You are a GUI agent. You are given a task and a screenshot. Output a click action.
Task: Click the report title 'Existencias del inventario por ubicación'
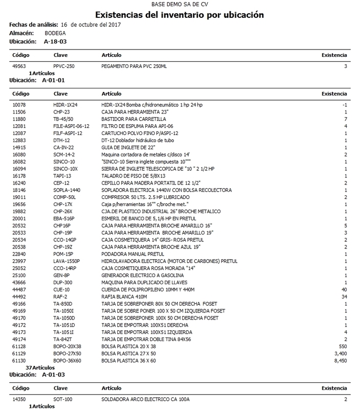point(180,15)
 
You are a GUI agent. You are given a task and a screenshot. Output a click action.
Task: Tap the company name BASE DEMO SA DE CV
point(180,4)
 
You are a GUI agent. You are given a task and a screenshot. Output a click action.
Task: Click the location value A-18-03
point(55,40)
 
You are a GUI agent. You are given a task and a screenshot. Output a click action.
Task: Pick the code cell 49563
point(19,66)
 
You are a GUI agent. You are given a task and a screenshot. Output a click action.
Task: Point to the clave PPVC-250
point(64,66)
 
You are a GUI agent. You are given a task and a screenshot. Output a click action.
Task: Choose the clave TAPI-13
point(62,175)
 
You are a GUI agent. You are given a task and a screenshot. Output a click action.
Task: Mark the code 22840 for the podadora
point(19,253)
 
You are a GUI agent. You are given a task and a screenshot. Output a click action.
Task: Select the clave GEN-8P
point(61,275)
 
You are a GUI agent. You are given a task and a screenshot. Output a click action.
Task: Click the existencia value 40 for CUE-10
point(344,289)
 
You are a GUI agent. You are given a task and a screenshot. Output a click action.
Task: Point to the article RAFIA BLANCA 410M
point(125,296)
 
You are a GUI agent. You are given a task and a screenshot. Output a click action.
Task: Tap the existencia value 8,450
point(340,360)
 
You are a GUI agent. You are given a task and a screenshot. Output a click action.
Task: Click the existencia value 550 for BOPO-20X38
point(343,346)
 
